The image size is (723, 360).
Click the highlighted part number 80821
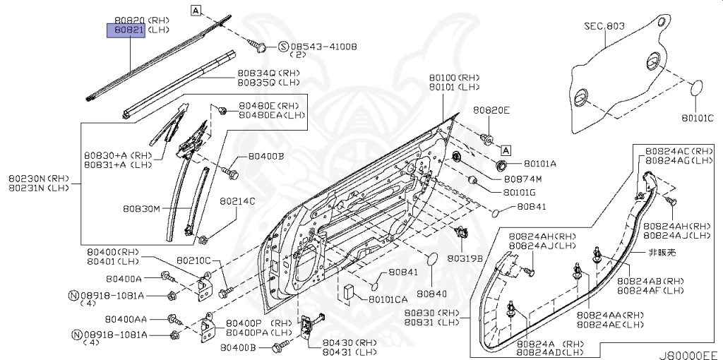click(x=125, y=30)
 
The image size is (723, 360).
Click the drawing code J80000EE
click(x=688, y=353)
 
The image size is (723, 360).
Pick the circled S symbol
click(x=283, y=47)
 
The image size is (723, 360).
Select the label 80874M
click(x=522, y=179)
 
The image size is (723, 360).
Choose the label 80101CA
click(x=388, y=299)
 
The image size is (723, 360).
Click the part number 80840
click(x=431, y=293)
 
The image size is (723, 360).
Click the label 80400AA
click(x=126, y=320)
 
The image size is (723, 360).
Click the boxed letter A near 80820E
click(x=506, y=150)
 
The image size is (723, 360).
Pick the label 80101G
click(x=520, y=192)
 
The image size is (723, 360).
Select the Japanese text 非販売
click(x=662, y=253)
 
